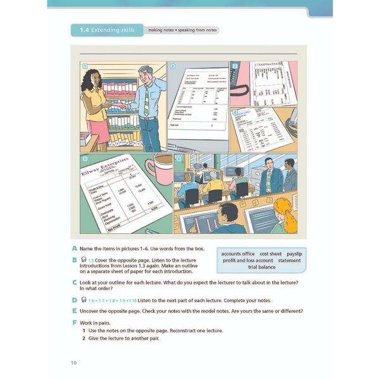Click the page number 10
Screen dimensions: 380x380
point(73,362)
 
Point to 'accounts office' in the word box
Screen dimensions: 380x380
point(237,253)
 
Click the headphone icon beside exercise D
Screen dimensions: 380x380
point(84,299)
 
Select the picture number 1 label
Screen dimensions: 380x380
point(84,66)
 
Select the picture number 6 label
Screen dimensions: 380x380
point(179,158)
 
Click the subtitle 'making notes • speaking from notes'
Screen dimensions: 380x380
point(182,30)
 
